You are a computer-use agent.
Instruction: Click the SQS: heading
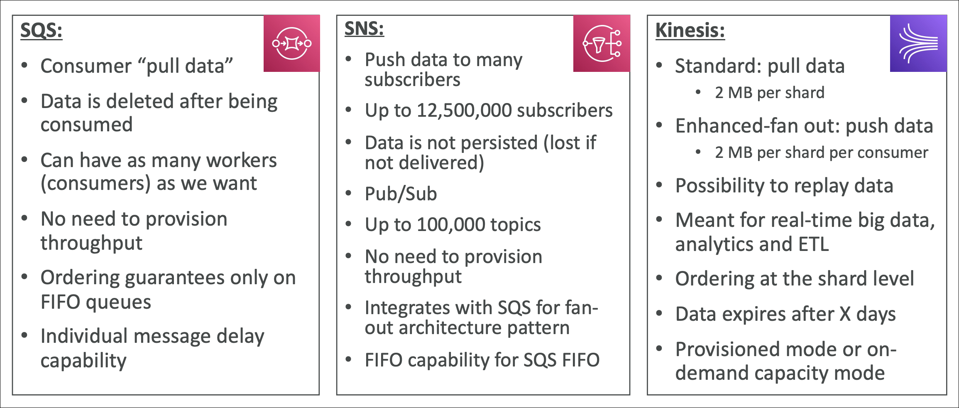(x=42, y=31)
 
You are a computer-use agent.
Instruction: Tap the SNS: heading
(x=364, y=29)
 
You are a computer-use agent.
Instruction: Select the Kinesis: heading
(x=690, y=30)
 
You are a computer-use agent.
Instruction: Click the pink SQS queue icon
(x=292, y=43)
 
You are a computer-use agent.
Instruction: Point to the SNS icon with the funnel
(x=602, y=43)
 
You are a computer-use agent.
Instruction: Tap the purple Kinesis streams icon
(x=918, y=43)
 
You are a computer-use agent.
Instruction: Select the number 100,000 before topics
(x=451, y=225)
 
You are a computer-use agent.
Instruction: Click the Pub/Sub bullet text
(x=401, y=194)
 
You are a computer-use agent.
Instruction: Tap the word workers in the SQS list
(x=241, y=160)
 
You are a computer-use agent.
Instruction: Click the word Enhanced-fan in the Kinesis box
(x=738, y=126)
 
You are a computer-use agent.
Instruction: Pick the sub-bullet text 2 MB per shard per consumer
(x=822, y=153)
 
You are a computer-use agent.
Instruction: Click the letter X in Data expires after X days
(x=845, y=315)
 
